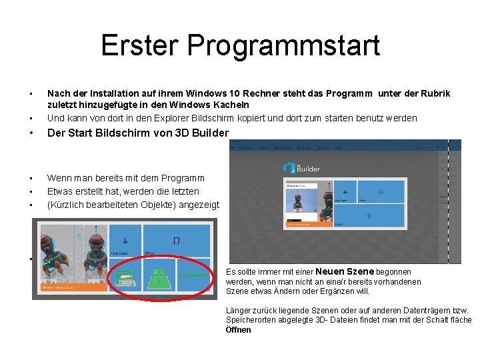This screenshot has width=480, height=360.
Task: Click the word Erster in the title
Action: click(x=140, y=45)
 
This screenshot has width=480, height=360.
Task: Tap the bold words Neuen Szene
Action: click(x=345, y=271)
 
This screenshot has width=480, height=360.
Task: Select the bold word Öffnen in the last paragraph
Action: click(x=239, y=329)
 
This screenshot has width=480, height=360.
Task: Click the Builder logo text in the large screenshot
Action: click(x=308, y=169)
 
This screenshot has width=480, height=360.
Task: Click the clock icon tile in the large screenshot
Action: click(x=369, y=216)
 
